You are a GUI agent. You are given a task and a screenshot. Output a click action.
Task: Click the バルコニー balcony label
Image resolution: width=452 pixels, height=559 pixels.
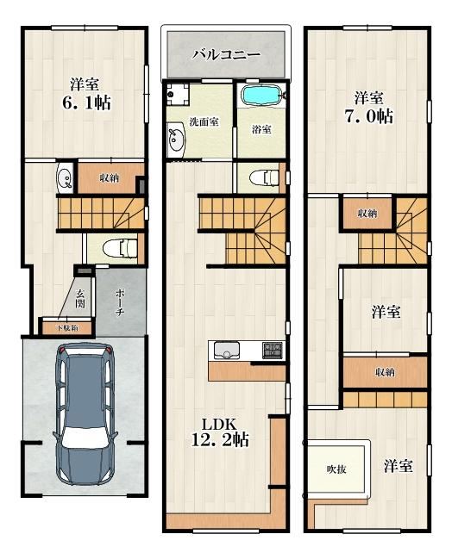(227, 54)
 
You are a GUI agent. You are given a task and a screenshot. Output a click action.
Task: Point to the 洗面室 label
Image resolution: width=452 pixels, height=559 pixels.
(204, 122)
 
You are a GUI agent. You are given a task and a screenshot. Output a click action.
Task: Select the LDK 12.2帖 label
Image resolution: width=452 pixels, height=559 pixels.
(220, 432)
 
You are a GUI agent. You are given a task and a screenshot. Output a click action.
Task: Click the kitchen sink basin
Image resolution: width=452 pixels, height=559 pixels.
(227, 350)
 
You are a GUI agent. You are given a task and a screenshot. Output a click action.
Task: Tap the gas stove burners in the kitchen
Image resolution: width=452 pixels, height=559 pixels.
(273, 350)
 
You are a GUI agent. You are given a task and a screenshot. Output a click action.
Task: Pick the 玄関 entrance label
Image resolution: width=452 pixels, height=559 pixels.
(80, 299)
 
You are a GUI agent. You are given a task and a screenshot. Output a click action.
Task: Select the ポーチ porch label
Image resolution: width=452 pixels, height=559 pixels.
(120, 302)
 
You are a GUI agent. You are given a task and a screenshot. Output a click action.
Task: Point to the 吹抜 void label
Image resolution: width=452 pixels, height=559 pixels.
(336, 469)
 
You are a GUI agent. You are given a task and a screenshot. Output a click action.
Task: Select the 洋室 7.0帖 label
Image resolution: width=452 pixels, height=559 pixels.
(369, 107)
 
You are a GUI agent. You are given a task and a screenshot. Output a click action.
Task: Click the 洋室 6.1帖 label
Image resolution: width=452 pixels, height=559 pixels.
(86, 93)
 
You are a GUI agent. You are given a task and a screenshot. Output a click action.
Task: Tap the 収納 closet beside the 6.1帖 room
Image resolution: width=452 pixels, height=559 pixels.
(110, 178)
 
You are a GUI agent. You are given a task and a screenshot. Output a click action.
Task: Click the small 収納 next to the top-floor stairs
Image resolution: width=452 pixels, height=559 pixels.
(367, 214)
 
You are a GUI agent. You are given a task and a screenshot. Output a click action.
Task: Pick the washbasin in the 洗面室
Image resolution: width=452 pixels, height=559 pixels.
(176, 139)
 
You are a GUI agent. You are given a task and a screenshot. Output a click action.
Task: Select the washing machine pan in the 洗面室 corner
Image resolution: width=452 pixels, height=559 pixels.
(178, 94)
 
